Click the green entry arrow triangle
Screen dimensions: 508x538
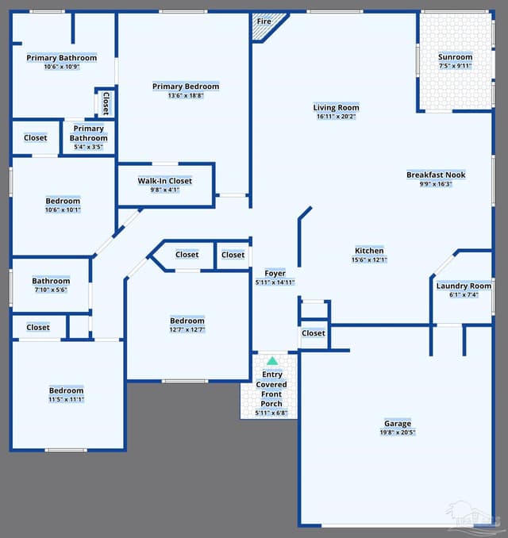[x=272, y=360]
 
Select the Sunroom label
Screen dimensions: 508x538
[x=455, y=57]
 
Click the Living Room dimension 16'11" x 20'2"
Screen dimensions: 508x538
[x=336, y=117]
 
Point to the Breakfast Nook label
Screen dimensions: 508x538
[x=436, y=175]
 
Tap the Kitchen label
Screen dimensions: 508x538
[x=369, y=251]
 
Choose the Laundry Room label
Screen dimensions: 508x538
[x=464, y=286]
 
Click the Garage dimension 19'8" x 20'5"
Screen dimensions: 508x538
[x=398, y=432]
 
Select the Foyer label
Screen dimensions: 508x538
[x=275, y=274]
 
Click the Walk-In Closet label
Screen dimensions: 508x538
[x=165, y=181]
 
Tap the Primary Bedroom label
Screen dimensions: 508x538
[x=186, y=86]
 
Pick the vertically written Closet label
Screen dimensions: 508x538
[x=106, y=103]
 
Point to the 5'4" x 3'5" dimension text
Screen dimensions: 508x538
[x=89, y=147]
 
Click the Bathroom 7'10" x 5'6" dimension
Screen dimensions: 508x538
[x=51, y=290]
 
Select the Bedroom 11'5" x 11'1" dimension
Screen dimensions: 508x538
[x=66, y=399]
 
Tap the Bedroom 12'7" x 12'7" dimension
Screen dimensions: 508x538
[x=187, y=330]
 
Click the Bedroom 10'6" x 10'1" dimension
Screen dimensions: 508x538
[x=63, y=209]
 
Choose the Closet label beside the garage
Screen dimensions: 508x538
[x=314, y=333]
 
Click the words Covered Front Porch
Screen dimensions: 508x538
[x=271, y=394]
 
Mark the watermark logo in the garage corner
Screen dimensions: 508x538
[x=473, y=515]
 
